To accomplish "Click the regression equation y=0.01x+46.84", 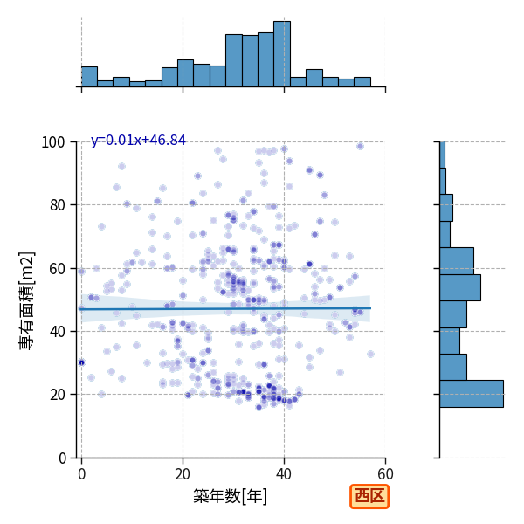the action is click(138, 141).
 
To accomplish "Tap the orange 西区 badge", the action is click(369, 496).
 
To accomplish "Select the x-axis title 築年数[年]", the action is click(231, 496).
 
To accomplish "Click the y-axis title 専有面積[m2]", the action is click(27, 300).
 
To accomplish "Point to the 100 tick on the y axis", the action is click(52, 142).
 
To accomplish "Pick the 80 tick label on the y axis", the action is click(57, 205).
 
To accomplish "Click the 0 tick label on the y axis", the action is click(62, 458).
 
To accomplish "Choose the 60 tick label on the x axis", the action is click(385, 474).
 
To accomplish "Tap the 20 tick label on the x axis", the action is click(183, 474).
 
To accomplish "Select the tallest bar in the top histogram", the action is click(282, 54).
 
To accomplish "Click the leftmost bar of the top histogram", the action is click(90, 77).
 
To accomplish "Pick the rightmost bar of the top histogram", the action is click(362, 82).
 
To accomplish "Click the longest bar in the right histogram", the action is click(472, 394).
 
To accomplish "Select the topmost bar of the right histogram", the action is click(443, 155).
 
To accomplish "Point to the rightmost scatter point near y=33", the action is click(370, 355).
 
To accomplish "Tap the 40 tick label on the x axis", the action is click(284, 474).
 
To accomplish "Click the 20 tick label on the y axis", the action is click(57, 395).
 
